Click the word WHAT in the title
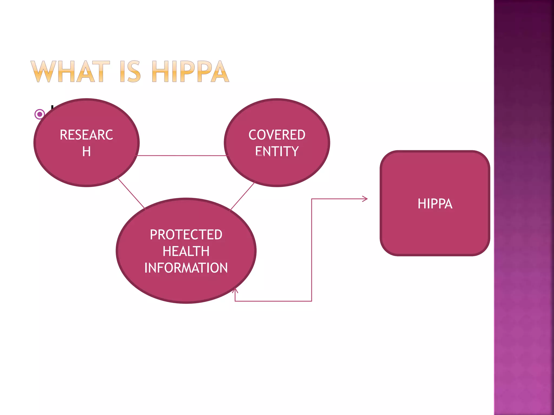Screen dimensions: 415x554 (x=70, y=72)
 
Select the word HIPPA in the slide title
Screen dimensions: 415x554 (x=190, y=72)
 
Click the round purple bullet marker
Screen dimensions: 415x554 (x=40, y=114)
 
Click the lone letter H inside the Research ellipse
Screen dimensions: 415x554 (x=87, y=152)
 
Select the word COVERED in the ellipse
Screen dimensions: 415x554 (x=277, y=135)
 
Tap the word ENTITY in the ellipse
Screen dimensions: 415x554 (x=277, y=151)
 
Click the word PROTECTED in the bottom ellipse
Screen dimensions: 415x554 (x=186, y=235)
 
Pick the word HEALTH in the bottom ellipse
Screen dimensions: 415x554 (x=186, y=251)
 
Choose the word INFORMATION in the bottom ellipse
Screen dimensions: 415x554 (x=186, y=268)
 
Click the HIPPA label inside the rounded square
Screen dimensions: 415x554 (x=435, y=204)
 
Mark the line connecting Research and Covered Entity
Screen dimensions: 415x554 (x=181, y=156)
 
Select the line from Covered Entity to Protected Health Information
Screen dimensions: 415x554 (x=242, y=196)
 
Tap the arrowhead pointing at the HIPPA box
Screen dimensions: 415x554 (x=365, y=199)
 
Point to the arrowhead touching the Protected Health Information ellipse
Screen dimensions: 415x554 (x=235, y=291)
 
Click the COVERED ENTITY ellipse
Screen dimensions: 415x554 (x=277, y=170)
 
